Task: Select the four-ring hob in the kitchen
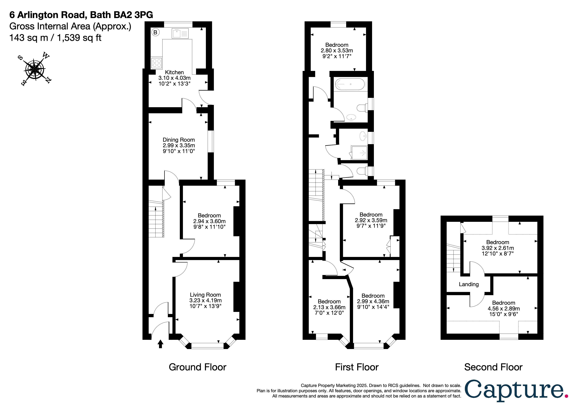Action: [157, 63]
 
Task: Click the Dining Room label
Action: [178, 140]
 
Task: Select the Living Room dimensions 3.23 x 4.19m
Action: [205, 300]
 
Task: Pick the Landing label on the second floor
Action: [469, 284]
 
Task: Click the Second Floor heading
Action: [493, 367]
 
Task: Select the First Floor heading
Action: [357, 367]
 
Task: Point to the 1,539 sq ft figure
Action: [79, 38]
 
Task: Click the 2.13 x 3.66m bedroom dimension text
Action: [329, 307]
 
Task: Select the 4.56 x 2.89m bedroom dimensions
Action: [503, 309]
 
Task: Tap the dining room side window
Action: [211, 141]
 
